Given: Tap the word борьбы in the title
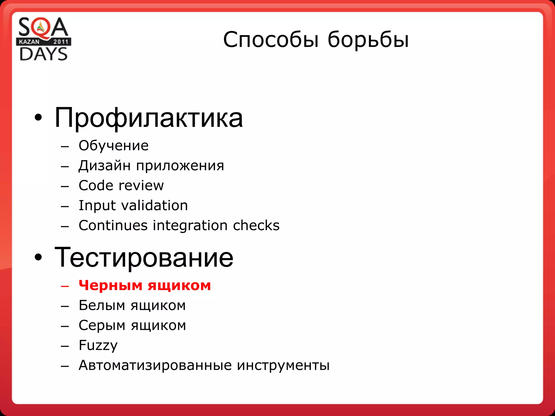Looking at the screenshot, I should (368, 40).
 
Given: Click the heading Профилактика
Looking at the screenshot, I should (149, 118).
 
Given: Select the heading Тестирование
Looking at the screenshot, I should (144, 257).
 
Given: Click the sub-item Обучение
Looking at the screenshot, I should (114, 146).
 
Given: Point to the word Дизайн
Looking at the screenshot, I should (104, 165).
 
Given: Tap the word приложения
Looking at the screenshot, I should (180, 166).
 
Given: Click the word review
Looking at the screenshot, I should (141, 186).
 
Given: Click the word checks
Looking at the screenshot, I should (256, 225).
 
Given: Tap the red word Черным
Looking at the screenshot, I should (110, 285).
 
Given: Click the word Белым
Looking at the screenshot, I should (102, 305).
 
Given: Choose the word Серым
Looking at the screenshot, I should (102, 325).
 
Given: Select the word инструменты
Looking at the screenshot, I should (283, 365).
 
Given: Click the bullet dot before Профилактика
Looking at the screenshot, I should (38, 118).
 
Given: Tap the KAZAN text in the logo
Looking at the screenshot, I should (29, 42).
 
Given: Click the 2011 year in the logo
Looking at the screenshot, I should (61, 42).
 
